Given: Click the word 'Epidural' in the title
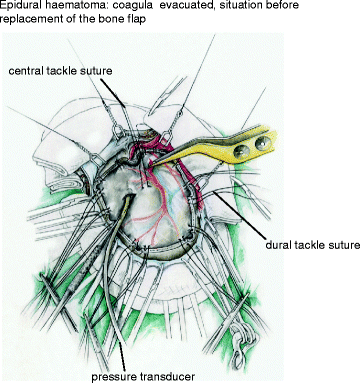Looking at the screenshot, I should [x=22, y=7].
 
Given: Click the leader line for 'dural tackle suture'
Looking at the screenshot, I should [x=246, y=211].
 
